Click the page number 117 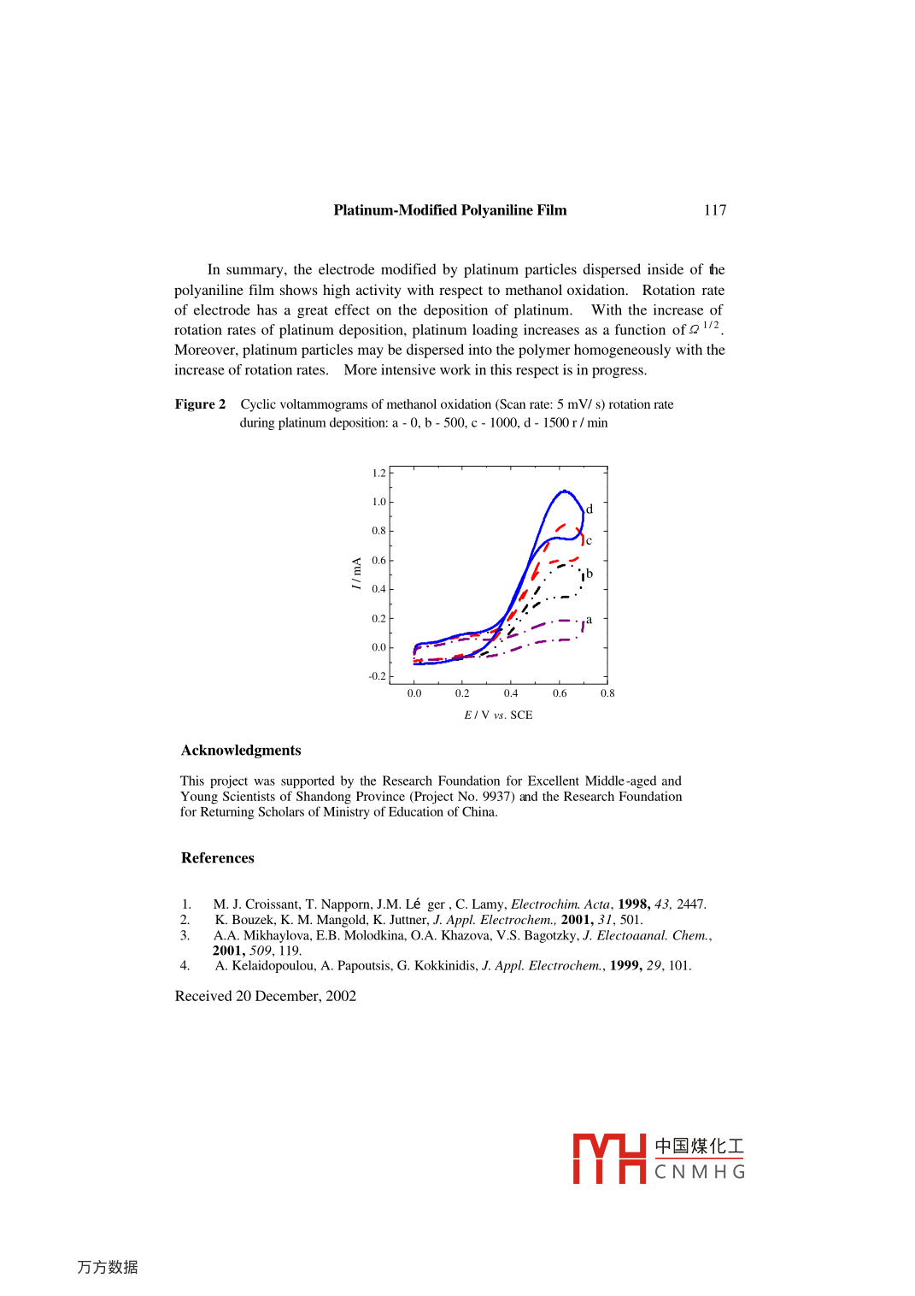(x=715, y=210)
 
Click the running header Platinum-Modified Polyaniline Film (x=449, y=210)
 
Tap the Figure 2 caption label (x=200, y=404)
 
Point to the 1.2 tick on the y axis (x=379, y=473)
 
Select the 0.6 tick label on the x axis (x=560, y=693)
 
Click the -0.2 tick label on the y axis (x=378, y=676)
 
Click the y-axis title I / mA (x=356, y=574)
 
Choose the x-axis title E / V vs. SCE (x=498, y=715)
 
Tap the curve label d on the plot (x=589, y=510)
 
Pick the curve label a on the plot (x=589, y=620)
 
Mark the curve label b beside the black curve (x=589, y=574)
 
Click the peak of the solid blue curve (x=564, y=491)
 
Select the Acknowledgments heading (x=241, y=751)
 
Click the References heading (x=218, y=858)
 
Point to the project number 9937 (x=497, y=797)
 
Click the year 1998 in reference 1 (x=633, y=904)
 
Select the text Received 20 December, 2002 (x=266, y=996)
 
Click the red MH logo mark (x=609, y=1159)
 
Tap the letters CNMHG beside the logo (x=700, y=1172)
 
